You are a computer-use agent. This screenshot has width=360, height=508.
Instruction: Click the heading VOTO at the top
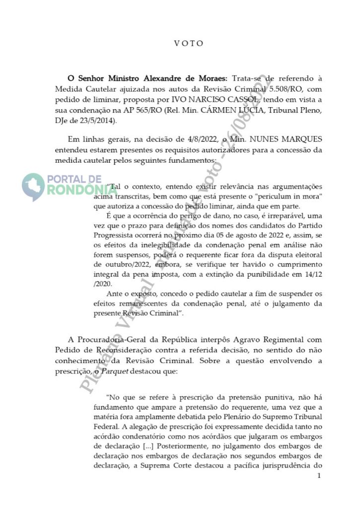189,43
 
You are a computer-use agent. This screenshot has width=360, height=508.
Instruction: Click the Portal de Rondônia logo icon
33,186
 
